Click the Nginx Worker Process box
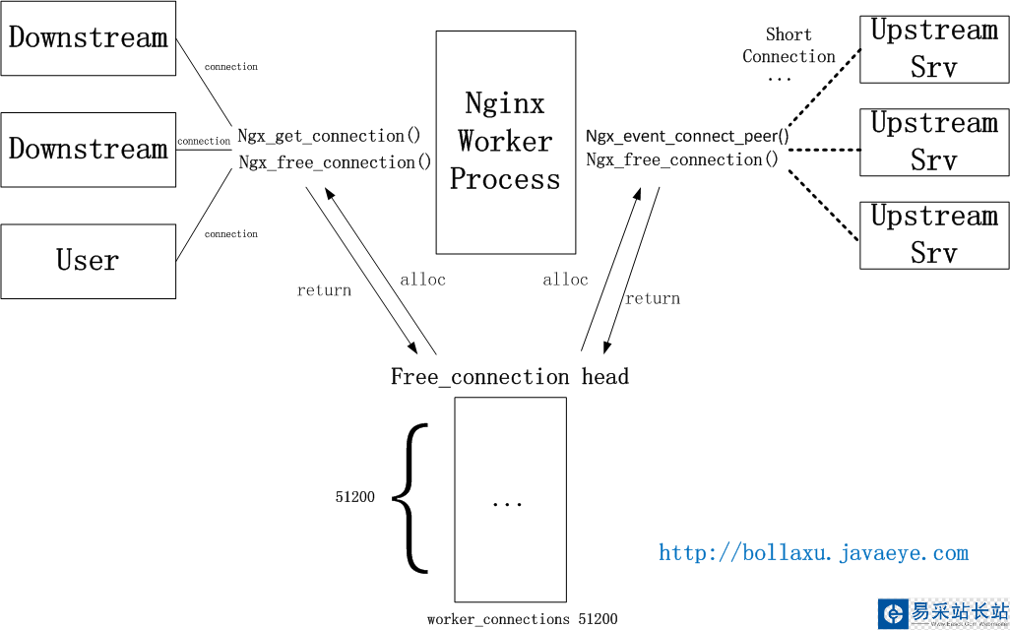[505, 142]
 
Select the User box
[88, 261]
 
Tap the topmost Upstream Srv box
[934, 48]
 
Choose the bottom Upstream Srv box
[934, 234]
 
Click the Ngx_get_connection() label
[329, 136]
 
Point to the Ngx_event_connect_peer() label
[687, 136]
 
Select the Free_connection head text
[509, 377]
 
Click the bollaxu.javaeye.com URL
[813, 553]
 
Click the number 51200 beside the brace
[354, 497]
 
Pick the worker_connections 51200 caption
[522, 619]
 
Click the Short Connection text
[789, 46]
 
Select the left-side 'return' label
[324, 290]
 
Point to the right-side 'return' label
[653, 298]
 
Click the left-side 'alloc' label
[422, 280]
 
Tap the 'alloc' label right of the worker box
[565, 280]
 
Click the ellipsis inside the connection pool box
[507, 503]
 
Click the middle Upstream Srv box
[934, 142]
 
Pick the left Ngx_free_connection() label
[335, 162]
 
